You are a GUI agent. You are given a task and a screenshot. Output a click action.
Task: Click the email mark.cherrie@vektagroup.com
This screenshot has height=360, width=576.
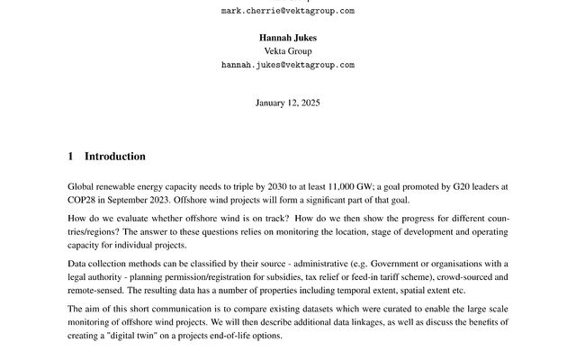click(x=287, y=11)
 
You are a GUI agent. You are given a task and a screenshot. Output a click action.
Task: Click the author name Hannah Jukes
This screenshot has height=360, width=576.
click(x=287, y=38)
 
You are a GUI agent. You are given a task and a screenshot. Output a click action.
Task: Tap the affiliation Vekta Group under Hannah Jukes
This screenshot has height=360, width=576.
click(x=287, y=51)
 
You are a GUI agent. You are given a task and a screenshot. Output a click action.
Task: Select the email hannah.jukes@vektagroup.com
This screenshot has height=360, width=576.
click(x=287, y=65)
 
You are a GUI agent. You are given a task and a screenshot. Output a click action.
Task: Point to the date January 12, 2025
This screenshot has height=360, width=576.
click(x=287, y=103)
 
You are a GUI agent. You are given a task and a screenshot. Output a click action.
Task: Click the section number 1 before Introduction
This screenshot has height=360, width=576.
click(x=71, y=157)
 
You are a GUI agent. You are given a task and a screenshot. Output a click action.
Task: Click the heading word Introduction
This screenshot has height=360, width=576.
click(x=114, y=157)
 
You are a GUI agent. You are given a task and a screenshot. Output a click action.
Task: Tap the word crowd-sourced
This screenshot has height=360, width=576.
click(x=456, y=276)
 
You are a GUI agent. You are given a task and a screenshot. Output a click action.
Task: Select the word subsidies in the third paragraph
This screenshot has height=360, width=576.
click(x=255, y=276)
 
